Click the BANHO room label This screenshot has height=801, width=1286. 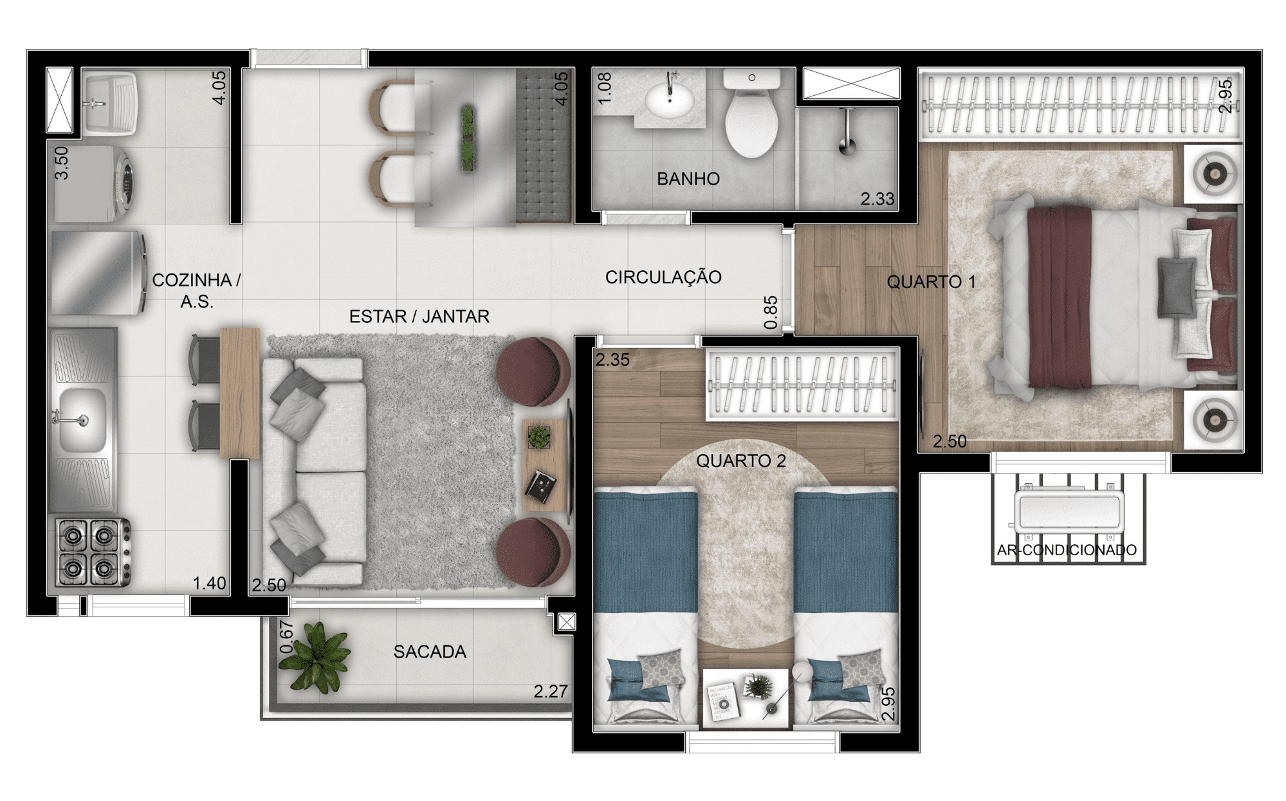(688, 179)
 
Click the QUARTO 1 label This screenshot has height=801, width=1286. (931, 282)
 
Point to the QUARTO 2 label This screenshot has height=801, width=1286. (740, 461)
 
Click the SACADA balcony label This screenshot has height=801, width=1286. (430, 652)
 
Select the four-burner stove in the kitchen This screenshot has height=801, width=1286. (93, 552)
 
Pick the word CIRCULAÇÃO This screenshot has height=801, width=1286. (663, 277)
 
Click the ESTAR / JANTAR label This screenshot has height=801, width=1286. (419, 317)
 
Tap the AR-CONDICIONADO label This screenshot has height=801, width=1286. (1067, 550)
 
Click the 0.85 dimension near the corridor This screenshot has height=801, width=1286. (771, 312)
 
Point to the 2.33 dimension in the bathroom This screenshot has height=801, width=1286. (877, 199)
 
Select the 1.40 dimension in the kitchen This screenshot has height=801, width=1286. (210, 584)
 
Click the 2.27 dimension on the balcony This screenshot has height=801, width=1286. (551, 692)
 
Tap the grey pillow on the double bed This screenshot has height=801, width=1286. (1177, 287)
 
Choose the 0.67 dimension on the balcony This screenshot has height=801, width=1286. (287, 638)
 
